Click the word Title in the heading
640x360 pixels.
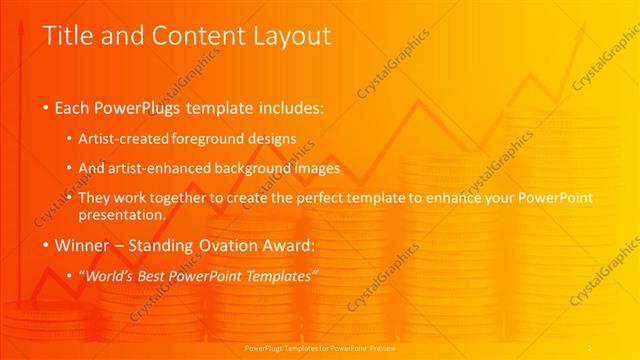tap(69, 36)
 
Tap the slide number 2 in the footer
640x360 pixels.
tap(590, 347)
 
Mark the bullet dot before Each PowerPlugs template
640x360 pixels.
tap(46, 107)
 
